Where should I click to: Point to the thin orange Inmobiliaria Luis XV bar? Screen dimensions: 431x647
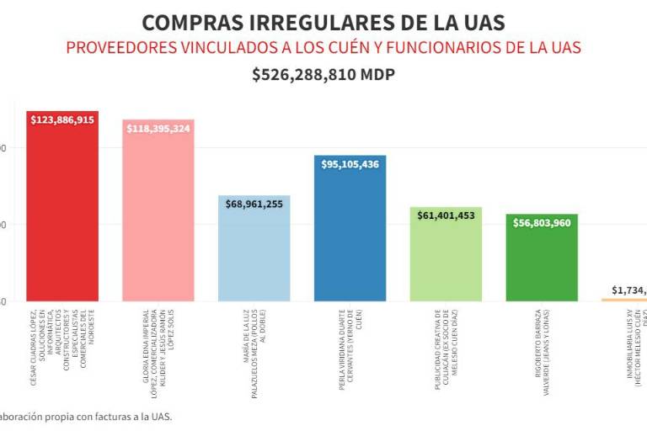point(623,300)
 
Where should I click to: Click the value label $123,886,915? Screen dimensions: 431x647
point(62,120)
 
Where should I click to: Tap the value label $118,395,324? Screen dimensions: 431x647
point(158,129)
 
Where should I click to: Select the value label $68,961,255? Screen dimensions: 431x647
point(254,205)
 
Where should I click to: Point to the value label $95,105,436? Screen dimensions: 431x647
point(350,164)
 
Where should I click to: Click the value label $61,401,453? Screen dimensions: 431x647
point(446,216)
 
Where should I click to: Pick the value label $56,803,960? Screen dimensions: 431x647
point(542,223)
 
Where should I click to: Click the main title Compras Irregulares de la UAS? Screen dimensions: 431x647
point(323,22)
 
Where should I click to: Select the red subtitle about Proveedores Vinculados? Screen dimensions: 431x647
point(323,47)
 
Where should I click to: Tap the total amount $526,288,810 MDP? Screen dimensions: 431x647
point(323,75)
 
